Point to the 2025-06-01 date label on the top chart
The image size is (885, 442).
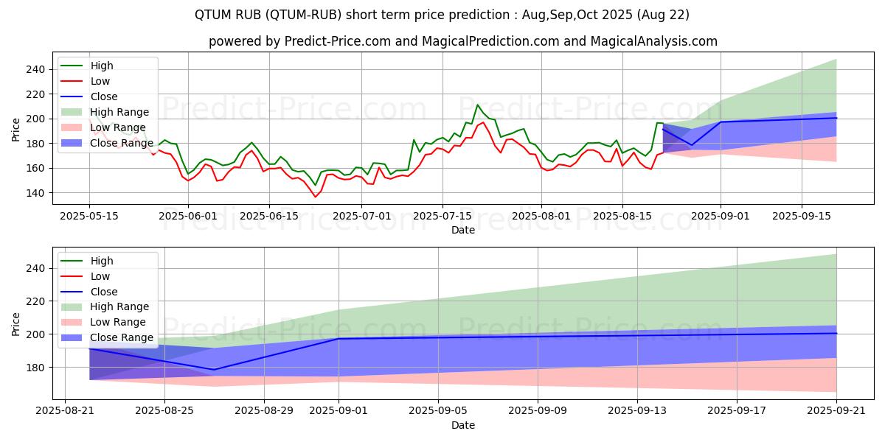(x=190, y=216)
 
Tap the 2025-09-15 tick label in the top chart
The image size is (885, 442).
(x=802, y=216)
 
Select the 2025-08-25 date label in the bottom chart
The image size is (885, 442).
(x=164, y=411)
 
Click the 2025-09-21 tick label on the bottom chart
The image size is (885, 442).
(x=836, y=411)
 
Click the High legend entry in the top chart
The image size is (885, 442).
(x=101, y=66)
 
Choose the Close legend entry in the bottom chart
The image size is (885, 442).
(x=103, y=292)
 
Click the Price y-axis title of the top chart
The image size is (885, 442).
(x=16, y=130)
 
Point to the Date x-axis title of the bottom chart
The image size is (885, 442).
(x=462, y=425)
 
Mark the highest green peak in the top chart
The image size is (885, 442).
(x=477, y=105)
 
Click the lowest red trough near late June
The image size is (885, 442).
(x=316, y=197)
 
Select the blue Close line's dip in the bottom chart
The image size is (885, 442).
(x=214, y=370)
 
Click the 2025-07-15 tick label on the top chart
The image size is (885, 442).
(x=442, y=216)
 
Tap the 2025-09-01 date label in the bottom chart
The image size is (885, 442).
(x=339, y=411)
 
